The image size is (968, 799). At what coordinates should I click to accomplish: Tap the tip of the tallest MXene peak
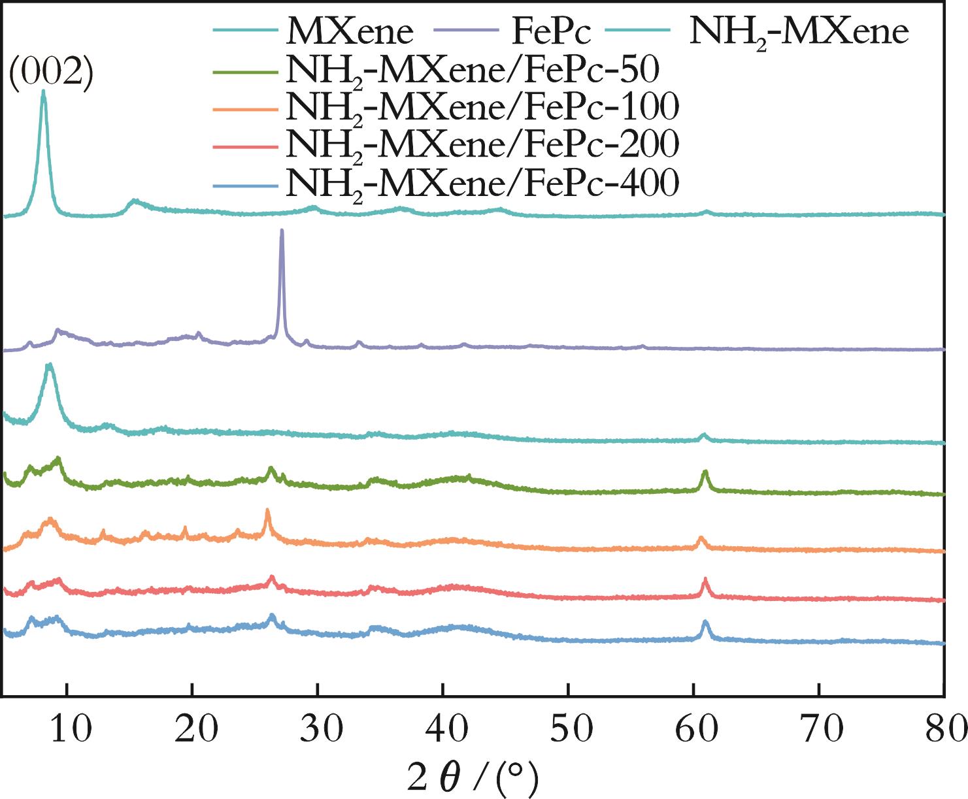[x=44, y=91]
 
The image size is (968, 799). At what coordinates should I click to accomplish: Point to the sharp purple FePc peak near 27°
[x=282, y=231]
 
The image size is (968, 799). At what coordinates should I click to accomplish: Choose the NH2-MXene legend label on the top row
[x=799, y=31]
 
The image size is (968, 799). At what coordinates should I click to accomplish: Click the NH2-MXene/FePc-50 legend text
[x=472, y=69]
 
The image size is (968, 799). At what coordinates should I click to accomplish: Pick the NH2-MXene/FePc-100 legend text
[x=482, y=106]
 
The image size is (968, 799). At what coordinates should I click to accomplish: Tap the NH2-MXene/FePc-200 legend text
[x=482, y=144]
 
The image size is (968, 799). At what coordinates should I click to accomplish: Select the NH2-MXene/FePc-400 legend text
[x=482, y=182]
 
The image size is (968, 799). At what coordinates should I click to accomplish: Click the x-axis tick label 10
[x=70, y=728]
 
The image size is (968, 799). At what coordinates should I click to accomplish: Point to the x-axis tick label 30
[x=321, y=728]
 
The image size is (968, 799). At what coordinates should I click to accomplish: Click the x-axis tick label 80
[x=944, y=728]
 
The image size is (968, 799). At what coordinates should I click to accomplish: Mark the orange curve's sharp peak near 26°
[x=267, y=510]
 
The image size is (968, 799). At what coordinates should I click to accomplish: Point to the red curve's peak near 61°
[x=705, y=579]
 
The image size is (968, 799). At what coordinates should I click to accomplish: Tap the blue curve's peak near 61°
[x=705, y=621]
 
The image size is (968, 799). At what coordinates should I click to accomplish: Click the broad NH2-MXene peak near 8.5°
[x=50, y=365]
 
